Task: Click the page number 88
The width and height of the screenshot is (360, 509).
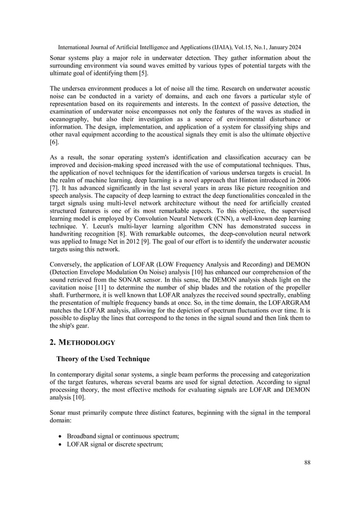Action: [306, 463]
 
